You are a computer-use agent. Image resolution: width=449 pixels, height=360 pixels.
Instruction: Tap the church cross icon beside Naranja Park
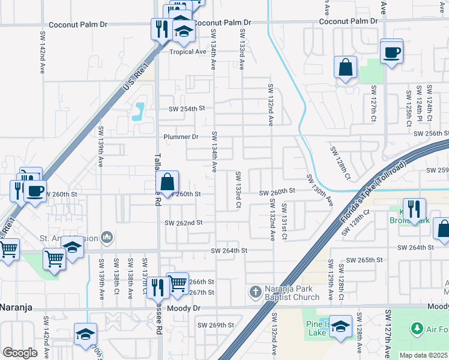(x=255, y=292)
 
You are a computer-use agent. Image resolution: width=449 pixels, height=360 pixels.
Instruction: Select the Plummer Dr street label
(x=181, y=137)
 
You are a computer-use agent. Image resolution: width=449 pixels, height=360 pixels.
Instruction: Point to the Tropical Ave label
(x=187, y=52)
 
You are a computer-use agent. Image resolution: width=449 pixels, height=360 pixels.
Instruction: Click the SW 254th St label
(x=187, y=109)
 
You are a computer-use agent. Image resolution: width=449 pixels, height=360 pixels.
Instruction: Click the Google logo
(x=20, y=353)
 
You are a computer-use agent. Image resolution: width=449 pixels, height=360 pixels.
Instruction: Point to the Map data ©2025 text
(x=423, y=355)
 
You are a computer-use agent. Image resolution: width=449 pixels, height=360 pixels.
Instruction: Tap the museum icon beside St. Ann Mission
(x=107, y=237)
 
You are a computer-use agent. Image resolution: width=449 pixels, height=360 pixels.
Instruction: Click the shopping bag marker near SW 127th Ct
(x=346, y=68)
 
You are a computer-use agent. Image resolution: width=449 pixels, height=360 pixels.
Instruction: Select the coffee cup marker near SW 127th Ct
(x=391, y=52)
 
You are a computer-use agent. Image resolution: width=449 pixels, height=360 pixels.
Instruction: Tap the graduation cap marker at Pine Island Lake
(x=340, y=327)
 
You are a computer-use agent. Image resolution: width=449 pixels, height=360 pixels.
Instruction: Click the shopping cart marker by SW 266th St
(x=178, y=283)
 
